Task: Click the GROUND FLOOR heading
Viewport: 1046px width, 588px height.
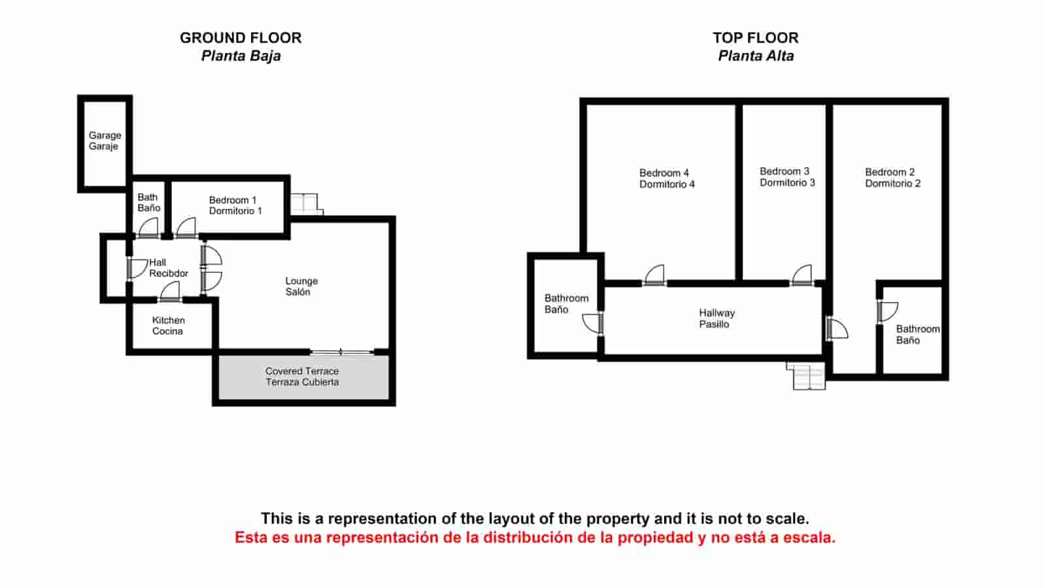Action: pyautogui.click(x=241, y=38)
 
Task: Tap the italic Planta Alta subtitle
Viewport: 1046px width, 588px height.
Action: pyautogui.click(x=756, y=56)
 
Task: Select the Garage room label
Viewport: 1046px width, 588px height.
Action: pyautogui.click(x=105, y=140)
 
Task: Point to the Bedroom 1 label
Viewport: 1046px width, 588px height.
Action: pyautogui.click(x=235, y=205)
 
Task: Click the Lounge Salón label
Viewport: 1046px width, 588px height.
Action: pyautogui.click(x=301, y=286)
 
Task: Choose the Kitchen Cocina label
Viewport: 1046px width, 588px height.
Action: pyautogui.click(x=168, y=326)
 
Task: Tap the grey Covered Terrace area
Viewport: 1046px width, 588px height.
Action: pyautogui.click(x=303, y=377)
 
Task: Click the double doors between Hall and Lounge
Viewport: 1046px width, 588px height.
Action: pyautogui.click(x=211, y=269)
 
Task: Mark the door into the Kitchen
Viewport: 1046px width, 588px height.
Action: pyautogui.click(x=169, y=293)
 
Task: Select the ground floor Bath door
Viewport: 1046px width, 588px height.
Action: pyautogui.click(x=148, y=228)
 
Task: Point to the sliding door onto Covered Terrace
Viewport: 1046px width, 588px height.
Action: pyautogui.click(x=341, y=352)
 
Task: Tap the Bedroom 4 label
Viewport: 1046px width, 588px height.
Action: pyautogui.click(x=667, y=179)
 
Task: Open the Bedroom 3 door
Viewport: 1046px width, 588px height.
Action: pyautogui.click(x=801, y=275)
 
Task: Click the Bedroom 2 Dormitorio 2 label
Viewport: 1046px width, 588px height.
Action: pyautogui.click(x=892, y=178)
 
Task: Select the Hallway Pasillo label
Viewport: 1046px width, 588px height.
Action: pyautogui.click(x=717, y=318)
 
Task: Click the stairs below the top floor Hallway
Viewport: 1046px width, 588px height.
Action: pyautogui.click(x=806, y=376)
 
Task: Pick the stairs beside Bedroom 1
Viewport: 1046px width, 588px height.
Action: pyautogui.click(x=307, y=204)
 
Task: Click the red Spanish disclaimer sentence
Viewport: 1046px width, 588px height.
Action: pyautogui.click(x=535, y=538)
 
